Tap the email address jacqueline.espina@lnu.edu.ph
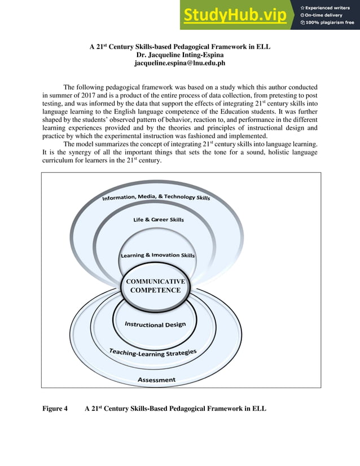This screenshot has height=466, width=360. (x=180, y=63)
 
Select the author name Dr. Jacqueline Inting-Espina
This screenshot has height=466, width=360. (x=180, y=55)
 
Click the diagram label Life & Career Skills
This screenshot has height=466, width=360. (x=159, y=219)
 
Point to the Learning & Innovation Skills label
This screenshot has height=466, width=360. (x=158, y=256)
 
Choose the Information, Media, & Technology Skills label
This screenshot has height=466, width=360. (x=156, y=197)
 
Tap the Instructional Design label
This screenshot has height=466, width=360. (x=155, y=324)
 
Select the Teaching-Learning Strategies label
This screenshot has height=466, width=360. (x=153, y=353)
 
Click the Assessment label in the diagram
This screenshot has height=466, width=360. (x=156, y=380)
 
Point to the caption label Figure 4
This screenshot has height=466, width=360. (x=55, y=408)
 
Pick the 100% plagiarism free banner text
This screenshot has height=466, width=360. (x=330, y=23)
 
